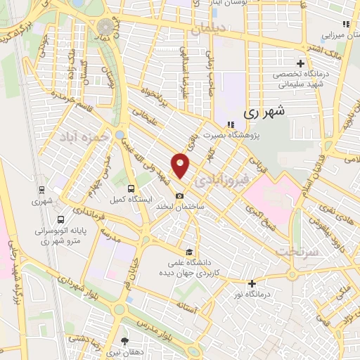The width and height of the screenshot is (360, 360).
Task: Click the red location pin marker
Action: pyautogui.click(x=181, y=165)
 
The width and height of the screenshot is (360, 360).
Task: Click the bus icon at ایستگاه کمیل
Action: pyautogui.click(x=131, y=188)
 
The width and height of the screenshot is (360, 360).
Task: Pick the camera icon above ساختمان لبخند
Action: pyautogui.click(x=180, y=195)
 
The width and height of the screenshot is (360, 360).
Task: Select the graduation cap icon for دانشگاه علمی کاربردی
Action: pyautogui.click(x=188, y=252)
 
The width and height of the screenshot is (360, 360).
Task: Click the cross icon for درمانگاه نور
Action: pyautogui.click(x=252, y=284)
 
